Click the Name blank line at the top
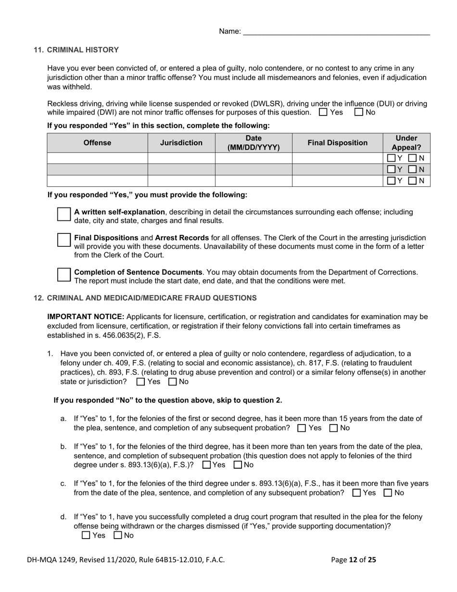(336, 32)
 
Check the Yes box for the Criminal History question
(323, 112)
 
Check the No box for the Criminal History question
(358, 112)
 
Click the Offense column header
(97, 143)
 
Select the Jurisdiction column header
(181, 143)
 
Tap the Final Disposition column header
(337, 143)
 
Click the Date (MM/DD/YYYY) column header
(254, 143)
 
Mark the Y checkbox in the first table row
(392, 158)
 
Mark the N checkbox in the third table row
(412, 181)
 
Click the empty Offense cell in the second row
(97, 169)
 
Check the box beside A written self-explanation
(64, 215)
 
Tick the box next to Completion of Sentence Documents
(64, 275)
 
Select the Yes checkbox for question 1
(141, 382)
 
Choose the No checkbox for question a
(334, 428)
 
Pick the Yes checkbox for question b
(207, 465)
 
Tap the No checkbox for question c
(388, 493)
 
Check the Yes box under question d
(86, 535)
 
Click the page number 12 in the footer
(353, 560)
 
